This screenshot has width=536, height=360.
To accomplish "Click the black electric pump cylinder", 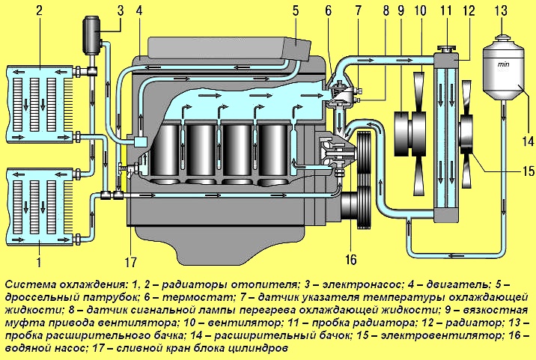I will coord(94,36).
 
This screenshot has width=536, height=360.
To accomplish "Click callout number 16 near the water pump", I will coord(349,260).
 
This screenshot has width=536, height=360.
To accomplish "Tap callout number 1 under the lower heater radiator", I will coord(39,262).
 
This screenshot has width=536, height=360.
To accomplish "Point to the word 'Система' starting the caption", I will coord(28,285).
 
